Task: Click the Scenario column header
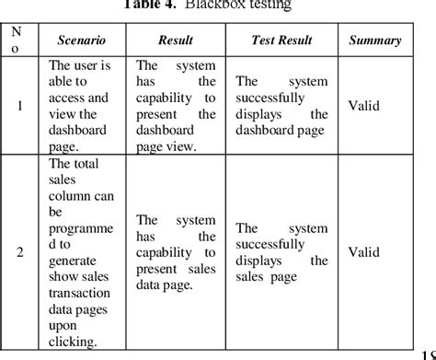[81, 41]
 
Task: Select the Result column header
[175, 41]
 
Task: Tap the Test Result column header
[281, 41]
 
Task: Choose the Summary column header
[374, 41]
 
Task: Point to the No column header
[17, 40]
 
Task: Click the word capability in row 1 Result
[174, 98]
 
